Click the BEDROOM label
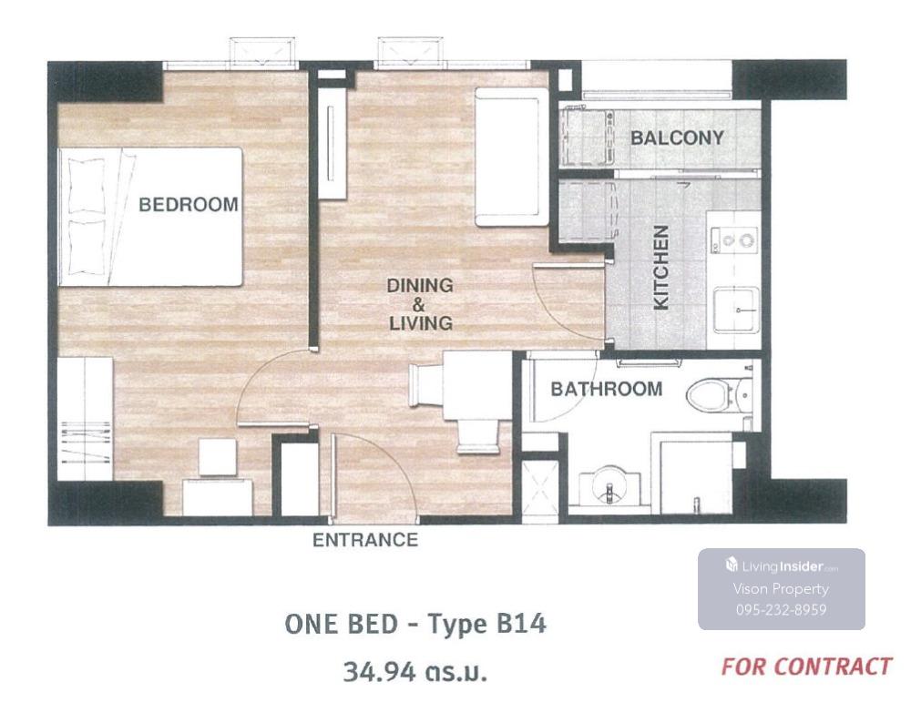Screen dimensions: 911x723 coord(189,204)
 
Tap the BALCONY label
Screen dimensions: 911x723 coord(678,137)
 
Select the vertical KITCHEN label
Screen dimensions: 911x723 coord(661,268)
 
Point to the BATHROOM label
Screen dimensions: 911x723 coord(607,389)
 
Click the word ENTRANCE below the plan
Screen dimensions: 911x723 coord(365,540)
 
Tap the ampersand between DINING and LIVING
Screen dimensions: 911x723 coord(418,304)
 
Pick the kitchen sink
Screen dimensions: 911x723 coord(735,309)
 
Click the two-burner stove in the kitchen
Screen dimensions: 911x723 coord(734,240)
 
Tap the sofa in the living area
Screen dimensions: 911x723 coord(511,157)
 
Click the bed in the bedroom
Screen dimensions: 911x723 coord(150,217)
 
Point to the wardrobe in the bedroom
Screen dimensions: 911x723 coord(86,418)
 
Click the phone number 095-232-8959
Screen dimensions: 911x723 coord(781,610)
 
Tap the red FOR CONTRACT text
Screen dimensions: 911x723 coord(806,667)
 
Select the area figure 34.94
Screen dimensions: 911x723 coord(379,673)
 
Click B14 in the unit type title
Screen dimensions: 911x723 coord(522,624)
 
